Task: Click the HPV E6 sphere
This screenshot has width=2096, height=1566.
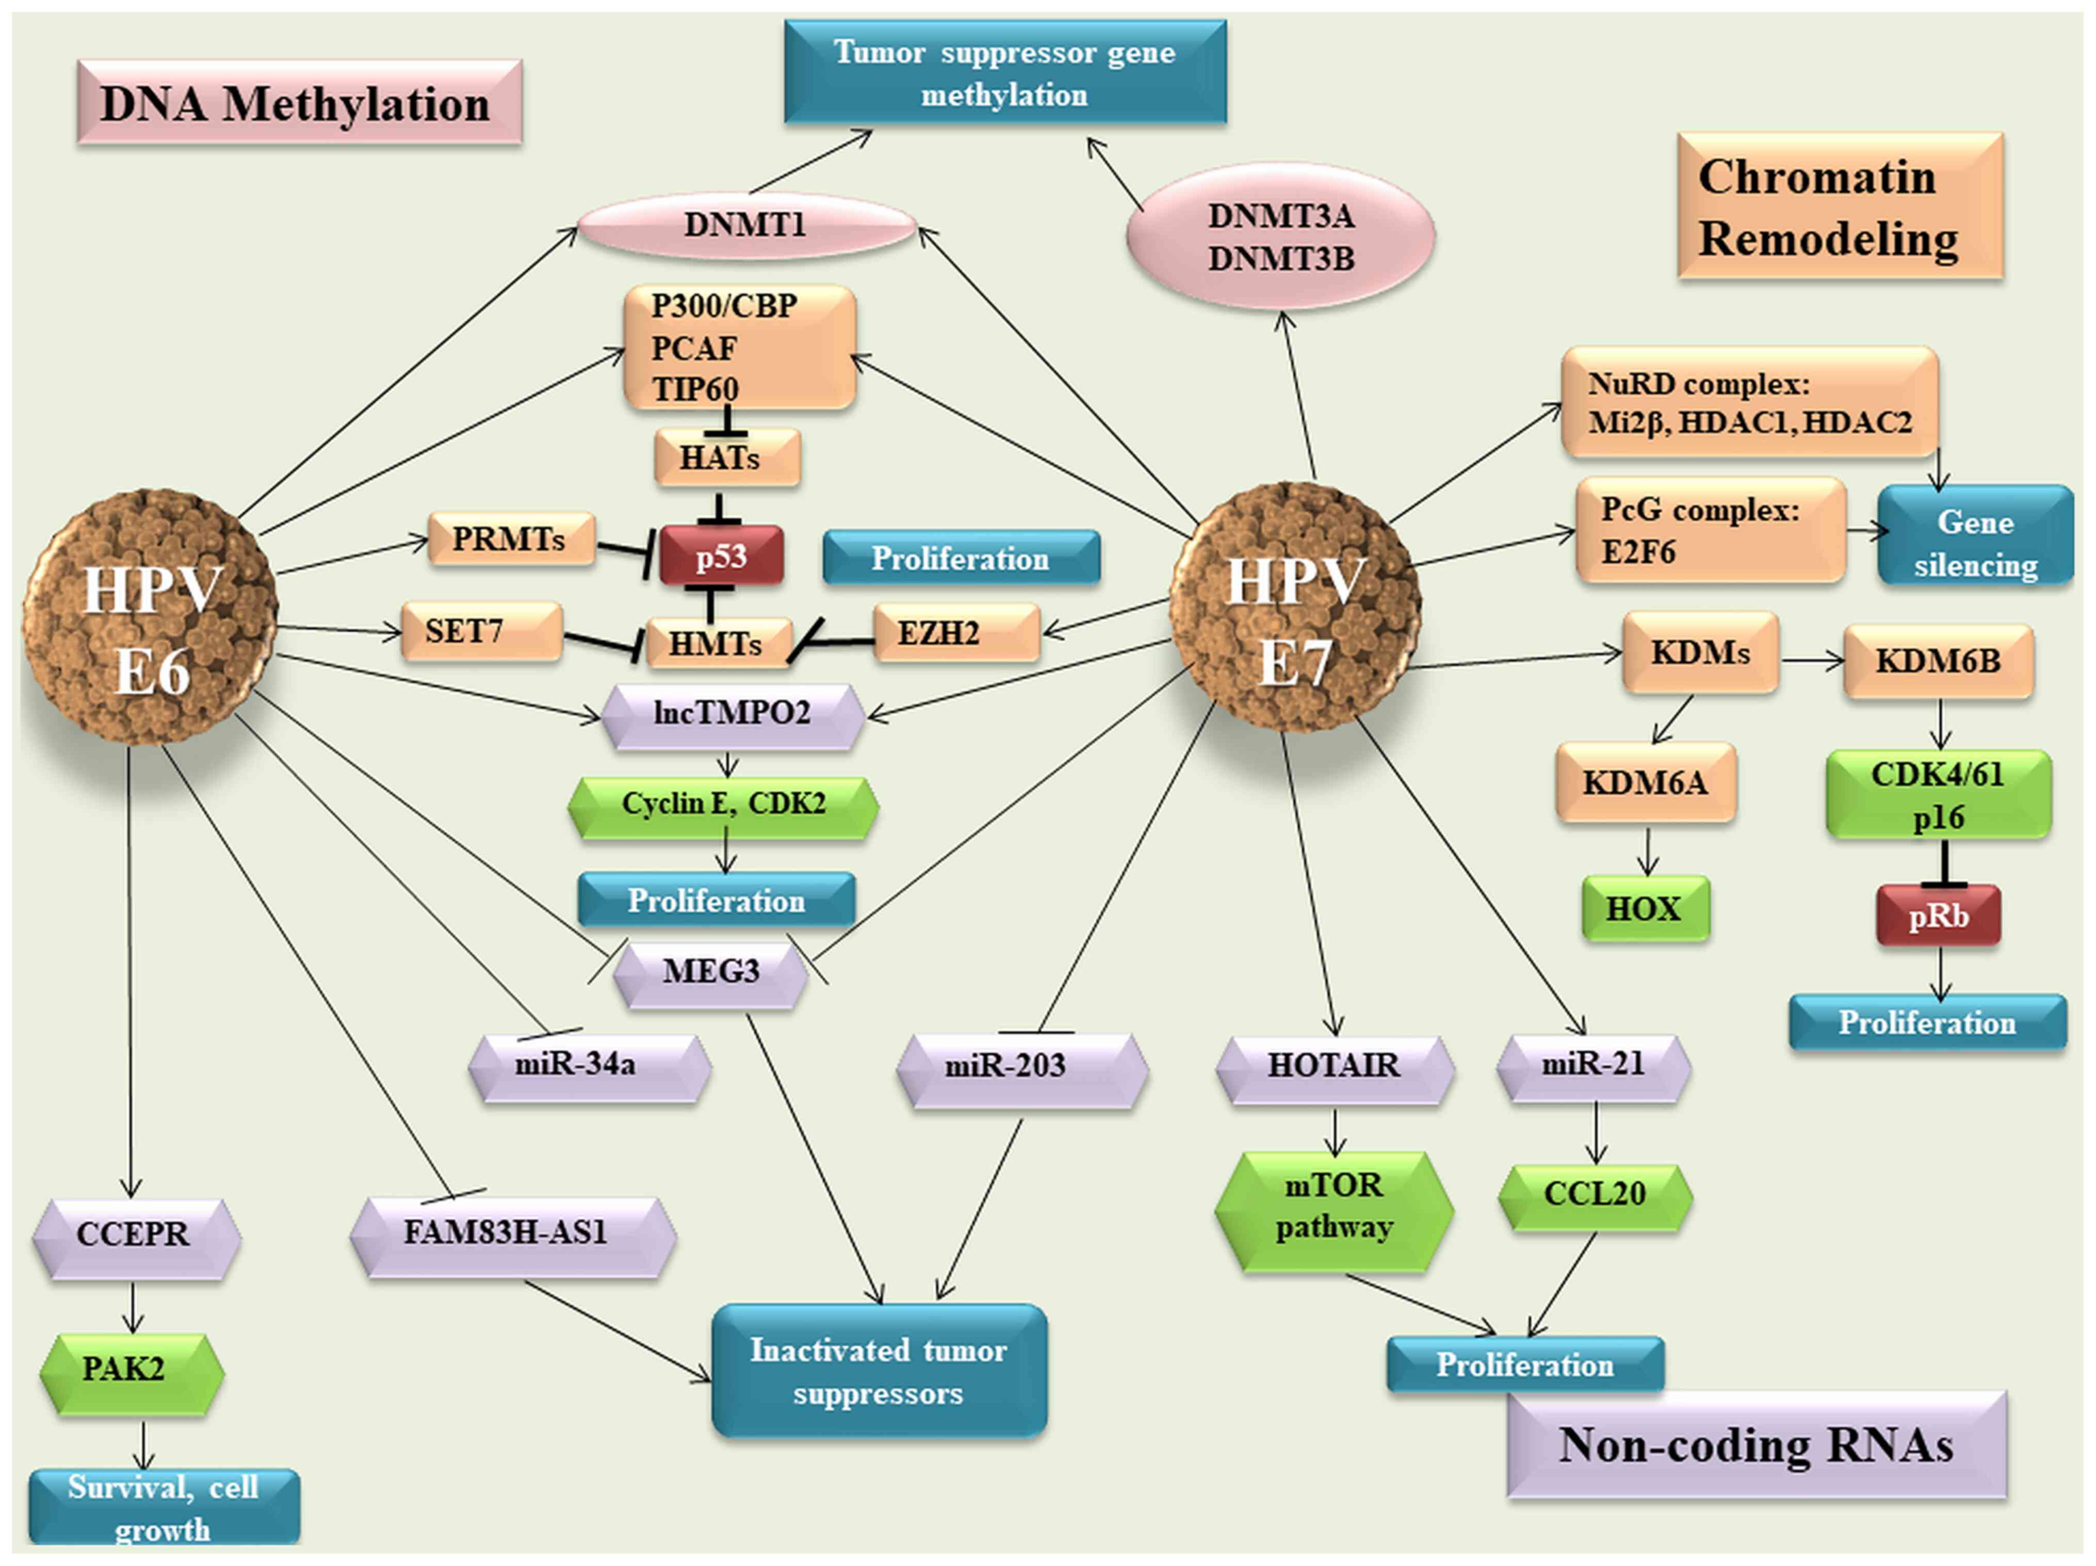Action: coord(150,618)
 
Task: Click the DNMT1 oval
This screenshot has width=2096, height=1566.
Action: coord(746,224)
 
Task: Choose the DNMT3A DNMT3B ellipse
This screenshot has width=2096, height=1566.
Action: coord(1280,237)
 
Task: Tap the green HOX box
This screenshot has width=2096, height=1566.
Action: coord(1645,908)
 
